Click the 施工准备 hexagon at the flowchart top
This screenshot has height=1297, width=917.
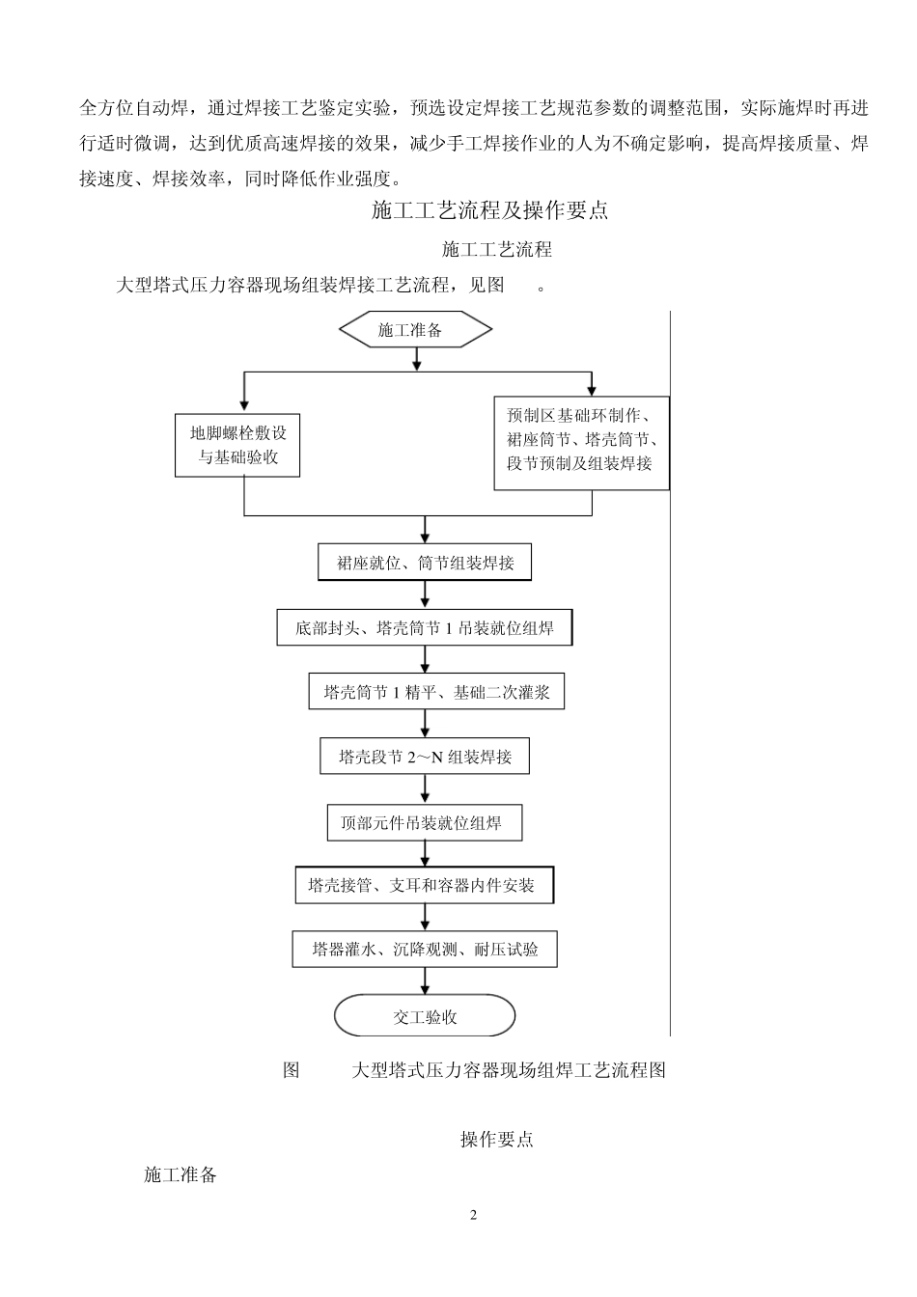click(415, 330)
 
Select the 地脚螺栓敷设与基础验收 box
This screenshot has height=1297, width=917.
click(237, 445)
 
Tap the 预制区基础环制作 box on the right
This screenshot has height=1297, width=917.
click(581, 442)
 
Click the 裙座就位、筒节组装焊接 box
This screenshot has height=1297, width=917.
click(425, 563)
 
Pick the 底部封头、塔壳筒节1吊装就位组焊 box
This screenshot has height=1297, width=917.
click(425, 628)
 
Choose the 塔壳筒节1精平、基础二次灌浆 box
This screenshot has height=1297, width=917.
click(436, 692)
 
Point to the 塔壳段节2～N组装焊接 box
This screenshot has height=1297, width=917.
click(425, 757)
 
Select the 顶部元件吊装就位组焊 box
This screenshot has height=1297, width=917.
click(425, 823)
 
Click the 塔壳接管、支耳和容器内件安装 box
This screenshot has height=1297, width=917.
click(425, 885)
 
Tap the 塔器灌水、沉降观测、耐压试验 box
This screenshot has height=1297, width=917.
click(425, 950)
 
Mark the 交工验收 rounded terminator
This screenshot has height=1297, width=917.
click(425, 1016)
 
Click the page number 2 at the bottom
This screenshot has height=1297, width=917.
click(473, 1215)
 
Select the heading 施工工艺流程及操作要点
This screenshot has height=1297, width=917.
click(489, 210)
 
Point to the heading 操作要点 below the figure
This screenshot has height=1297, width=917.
click(496, 1140)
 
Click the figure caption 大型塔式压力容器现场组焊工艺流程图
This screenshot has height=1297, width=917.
click(509, 1069)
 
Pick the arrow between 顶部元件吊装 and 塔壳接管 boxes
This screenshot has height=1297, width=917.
click(425, 854)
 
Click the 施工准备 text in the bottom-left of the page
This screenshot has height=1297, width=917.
click(181, 1174)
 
